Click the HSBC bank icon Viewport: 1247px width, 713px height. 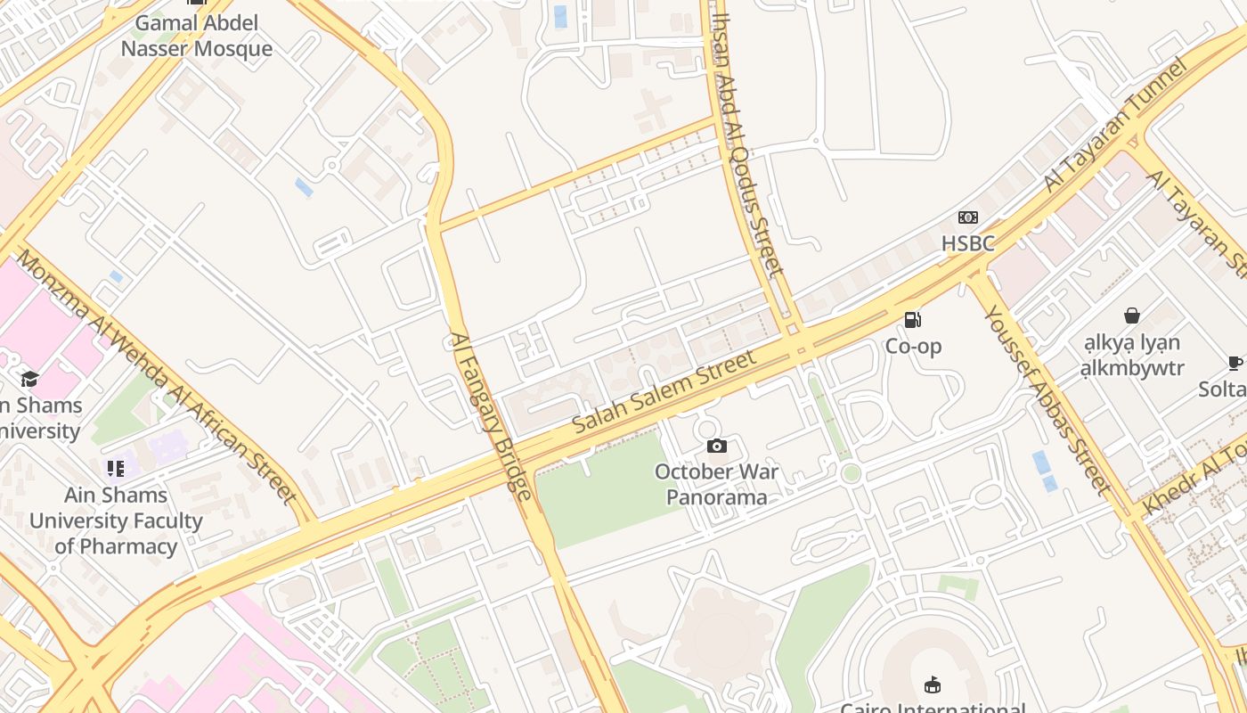(967, 217)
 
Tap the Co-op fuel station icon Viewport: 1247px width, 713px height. (912, 320)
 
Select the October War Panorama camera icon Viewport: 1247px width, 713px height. (716, 446)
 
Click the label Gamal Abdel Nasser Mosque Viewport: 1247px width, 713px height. (196, 36)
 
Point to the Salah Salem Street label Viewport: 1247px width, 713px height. (664, 392)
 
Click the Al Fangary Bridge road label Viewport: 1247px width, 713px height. (491, 415)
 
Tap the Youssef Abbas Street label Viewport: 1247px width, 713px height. (1047, 399)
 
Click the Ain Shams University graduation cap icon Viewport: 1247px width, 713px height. (29, 380)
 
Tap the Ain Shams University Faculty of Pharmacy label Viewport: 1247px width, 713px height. (116, 520)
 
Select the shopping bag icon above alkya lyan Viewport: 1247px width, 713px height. (1131, 316)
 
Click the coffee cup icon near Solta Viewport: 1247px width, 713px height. (1235, 363)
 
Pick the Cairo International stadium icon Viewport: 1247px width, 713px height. (932, 684)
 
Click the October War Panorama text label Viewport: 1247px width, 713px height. (716, 484)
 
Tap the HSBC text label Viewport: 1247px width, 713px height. (967, 243)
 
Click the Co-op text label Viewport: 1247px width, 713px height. (913, 346)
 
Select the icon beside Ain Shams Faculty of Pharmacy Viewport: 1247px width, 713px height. (115, 468)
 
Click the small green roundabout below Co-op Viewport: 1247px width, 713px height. (851, 473)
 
